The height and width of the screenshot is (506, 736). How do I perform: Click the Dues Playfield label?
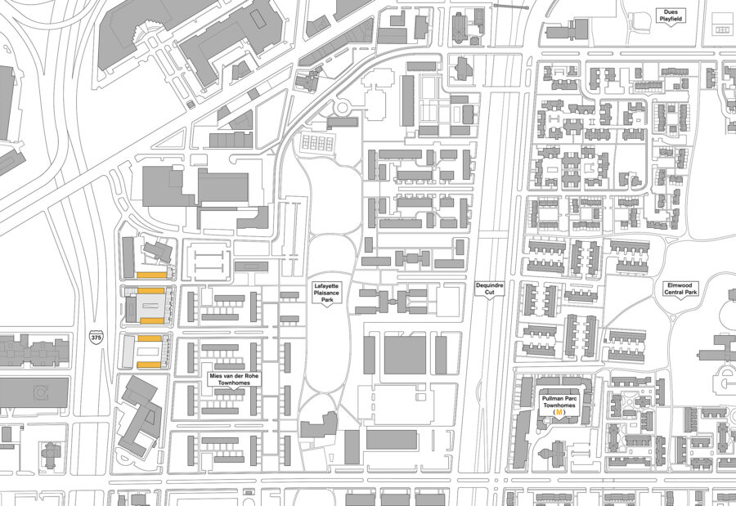tap(671, 15)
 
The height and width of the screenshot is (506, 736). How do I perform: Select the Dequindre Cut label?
tap(491, 289)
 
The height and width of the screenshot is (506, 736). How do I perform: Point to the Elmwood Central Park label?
tap(680, 288)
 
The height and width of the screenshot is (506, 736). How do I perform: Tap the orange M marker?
tap(559, 414)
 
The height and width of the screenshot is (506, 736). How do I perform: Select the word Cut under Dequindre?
tap(491, 293)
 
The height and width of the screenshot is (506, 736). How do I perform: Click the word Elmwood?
tap(680, 284)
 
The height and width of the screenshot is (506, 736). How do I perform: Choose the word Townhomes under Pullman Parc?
tap(559, 405)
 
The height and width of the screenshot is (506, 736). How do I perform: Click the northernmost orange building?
tap(152, 274)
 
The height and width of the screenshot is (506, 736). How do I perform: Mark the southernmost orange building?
tap(150, 365)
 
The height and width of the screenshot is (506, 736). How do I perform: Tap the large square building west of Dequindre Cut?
tap(405, 355)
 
